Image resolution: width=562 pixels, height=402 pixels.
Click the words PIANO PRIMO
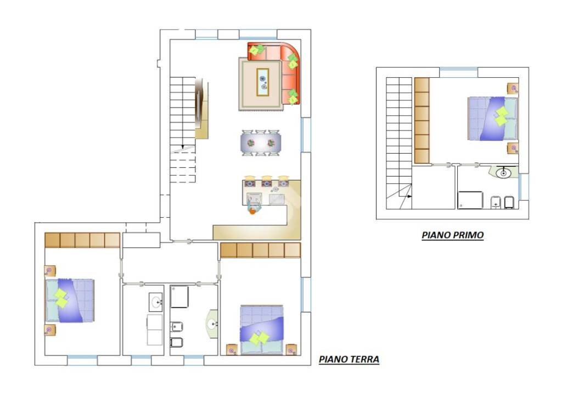(453, 235)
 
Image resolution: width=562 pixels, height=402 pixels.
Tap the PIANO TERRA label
(349, 359)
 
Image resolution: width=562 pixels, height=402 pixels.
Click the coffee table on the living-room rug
(263, 82)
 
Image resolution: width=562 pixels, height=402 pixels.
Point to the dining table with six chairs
(261, 143)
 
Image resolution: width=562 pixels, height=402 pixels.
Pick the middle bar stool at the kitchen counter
(266, 182)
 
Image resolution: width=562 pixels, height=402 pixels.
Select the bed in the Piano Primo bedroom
(493, 118)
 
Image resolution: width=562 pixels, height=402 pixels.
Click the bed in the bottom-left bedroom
(70, 300)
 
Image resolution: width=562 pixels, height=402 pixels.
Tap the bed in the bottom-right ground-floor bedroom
(262, 330)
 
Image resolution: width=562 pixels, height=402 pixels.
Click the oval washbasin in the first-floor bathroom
(503, 173)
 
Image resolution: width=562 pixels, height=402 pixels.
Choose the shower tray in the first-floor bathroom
(470, 200)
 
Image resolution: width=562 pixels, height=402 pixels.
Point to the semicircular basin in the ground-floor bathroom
(212, 324)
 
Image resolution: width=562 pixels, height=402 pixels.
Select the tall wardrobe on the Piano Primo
(422, 121)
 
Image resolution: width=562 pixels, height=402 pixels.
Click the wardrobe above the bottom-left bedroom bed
(82, 240)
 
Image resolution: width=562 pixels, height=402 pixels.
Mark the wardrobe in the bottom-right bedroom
(261, 251)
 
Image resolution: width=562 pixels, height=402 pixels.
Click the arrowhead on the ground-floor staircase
(183, 147)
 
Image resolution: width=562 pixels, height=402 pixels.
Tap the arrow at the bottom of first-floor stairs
(409, 196)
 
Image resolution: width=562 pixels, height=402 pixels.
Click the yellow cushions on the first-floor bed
(501, 116)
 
